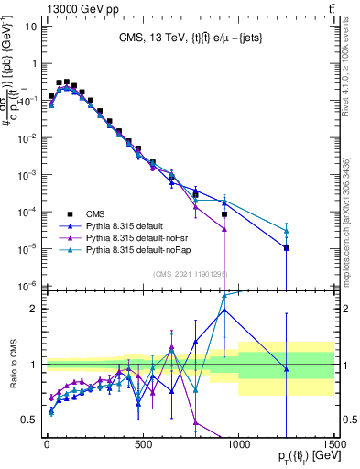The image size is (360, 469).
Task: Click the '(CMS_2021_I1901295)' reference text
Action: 190,273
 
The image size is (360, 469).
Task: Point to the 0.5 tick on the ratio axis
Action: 29,420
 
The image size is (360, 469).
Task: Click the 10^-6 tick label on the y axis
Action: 27,285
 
